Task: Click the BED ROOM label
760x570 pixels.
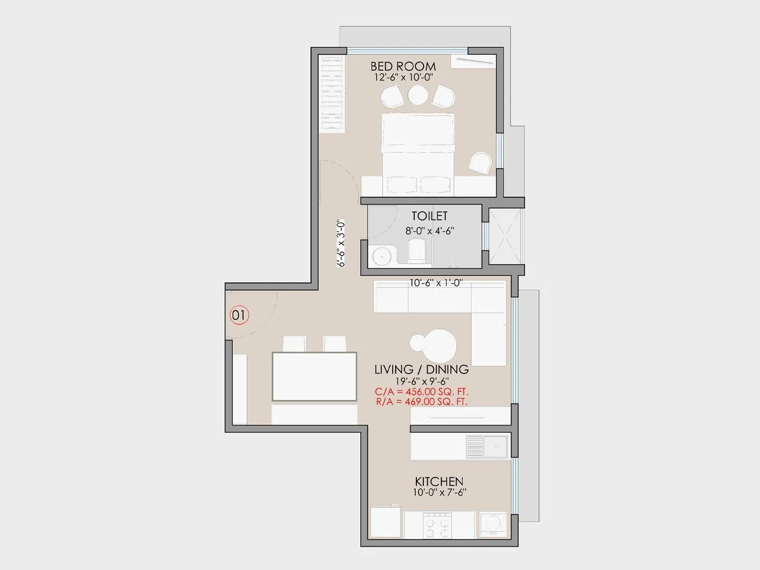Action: coord(403,66)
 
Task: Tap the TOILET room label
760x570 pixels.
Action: coord(429,216)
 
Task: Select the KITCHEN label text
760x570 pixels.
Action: coord(439,482)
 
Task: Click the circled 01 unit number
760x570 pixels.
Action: coord(239,315)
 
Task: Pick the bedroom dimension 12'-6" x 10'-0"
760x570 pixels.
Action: coord(403,78)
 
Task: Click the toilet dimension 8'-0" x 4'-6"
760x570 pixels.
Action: coord(429,231)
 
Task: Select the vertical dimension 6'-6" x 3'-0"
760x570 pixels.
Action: coord(341,243)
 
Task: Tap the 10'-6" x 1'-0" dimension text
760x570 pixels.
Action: coord(436,283)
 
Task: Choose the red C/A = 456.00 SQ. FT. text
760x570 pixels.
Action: coord(422,391)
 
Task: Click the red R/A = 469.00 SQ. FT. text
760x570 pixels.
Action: coord(422,402)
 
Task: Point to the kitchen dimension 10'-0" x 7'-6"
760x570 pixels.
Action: coord(440,492)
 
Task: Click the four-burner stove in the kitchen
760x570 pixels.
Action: coord(438,525)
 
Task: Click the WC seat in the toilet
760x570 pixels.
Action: coord(417,251)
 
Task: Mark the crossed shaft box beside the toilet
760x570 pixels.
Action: coord(505,237)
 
